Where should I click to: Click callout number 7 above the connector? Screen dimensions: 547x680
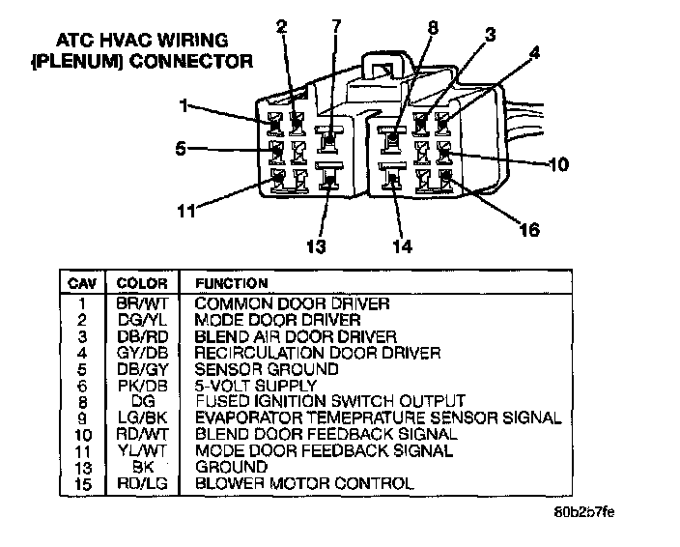pos(336,26)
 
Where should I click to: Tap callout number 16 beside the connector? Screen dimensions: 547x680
pos(529,230)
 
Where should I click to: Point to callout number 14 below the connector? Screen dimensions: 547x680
pos(402,245)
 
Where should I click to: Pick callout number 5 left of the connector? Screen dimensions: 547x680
pos(180,149)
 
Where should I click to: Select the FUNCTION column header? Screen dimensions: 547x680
pos(232,284)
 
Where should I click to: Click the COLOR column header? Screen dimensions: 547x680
pos(142,284)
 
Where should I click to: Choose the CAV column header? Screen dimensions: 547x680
pos(79,284)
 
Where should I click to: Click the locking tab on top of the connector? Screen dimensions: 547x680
pos(384,70)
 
